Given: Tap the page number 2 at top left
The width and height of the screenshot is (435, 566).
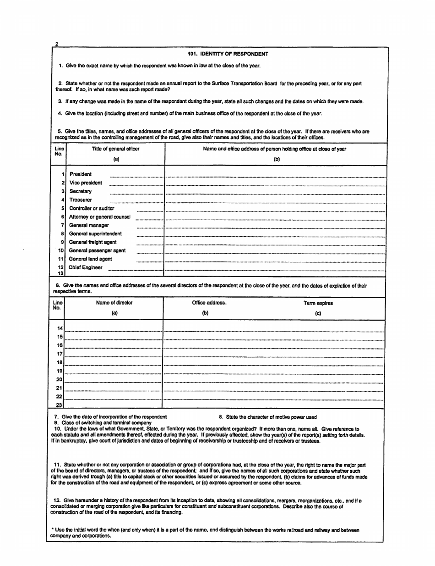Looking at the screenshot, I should click(x=56, y=43).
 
